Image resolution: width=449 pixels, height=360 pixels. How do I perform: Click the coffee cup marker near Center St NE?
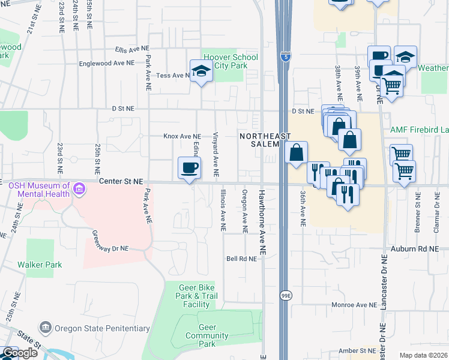tap(190, 167)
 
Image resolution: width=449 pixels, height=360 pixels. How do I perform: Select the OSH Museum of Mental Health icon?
tap(79, 191)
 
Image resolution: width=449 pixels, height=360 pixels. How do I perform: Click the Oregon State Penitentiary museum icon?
tap(46, 328)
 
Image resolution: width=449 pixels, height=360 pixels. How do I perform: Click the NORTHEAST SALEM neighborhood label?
tap(260, 140)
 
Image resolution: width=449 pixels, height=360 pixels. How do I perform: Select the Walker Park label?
tap(40, 264)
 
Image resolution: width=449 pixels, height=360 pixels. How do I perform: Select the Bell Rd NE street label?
tap(241, 259)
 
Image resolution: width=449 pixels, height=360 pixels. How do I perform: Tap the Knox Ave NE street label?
tap(182, 136)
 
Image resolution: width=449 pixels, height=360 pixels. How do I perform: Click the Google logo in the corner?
tap(19, 353)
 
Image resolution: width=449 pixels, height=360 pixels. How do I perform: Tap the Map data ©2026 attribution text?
tap(423, 355)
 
